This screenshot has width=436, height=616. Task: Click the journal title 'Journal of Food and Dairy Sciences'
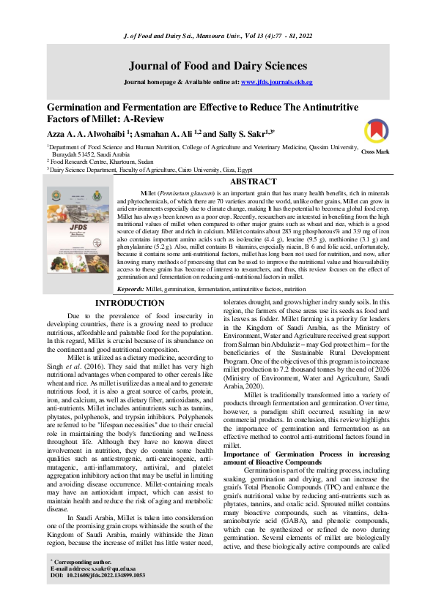coord(218,64)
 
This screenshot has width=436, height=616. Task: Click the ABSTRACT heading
coord(253,181)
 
